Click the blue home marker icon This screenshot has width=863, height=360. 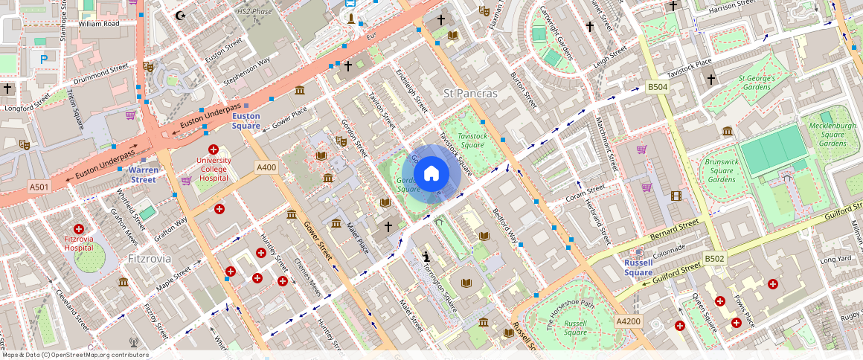coord(431,174)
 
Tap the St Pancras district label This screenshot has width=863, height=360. coord(470,94)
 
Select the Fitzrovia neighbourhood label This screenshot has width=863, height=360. coord(150,259)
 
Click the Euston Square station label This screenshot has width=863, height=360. coord(246,121)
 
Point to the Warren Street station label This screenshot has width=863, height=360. coord(144,175)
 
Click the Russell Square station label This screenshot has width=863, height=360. coord(638,268)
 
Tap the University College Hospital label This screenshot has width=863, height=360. coord(214,170)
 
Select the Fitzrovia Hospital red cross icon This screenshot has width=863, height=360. coord(79,228)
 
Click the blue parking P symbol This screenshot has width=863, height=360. coord(44,58)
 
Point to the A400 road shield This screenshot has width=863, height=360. coord(266,167)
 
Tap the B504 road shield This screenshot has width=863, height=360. coord(657,87)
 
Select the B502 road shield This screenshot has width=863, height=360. coord(714,259)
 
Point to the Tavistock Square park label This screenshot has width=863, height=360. coord(472,141)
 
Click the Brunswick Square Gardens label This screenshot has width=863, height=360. coord(721,170)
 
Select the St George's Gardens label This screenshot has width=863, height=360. coord(757,83)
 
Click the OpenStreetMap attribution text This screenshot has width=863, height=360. coord(75,355)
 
